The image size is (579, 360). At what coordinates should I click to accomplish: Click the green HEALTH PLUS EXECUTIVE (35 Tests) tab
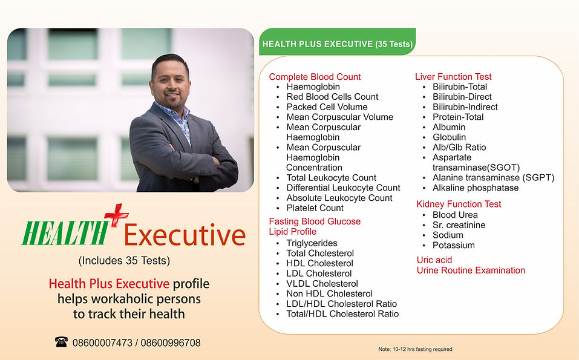click(x=338, y=44)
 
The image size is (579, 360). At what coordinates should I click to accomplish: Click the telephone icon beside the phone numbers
click(x=61, y=342)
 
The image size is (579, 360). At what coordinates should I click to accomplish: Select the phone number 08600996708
click(x=171, y=343)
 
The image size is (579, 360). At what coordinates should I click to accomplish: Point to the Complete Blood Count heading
click(x=315, y=77)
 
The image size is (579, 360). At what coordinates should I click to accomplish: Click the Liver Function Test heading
click(x=453, y=77)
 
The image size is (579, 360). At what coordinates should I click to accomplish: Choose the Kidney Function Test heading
click(x=459, y=204)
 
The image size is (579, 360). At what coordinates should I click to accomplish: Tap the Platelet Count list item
click(x=315, y=208)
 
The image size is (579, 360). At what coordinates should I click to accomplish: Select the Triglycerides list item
click(x=312, y=243)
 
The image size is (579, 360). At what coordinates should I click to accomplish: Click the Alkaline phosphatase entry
click(x=476, y=188)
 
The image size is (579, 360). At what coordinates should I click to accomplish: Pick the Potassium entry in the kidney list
click(x=453, y=245)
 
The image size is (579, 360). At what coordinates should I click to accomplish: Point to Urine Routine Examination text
click(x=471, y=270)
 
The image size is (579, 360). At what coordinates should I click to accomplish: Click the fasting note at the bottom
click(x=415, y=349)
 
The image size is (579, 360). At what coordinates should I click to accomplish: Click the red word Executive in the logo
click(x=185, y=236)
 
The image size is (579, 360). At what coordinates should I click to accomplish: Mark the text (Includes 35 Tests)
click(x=124, y=261)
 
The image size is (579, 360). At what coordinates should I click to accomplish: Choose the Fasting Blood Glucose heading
click(x=315, y=221)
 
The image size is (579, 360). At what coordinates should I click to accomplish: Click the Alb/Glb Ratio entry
click(x=459, y=148)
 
